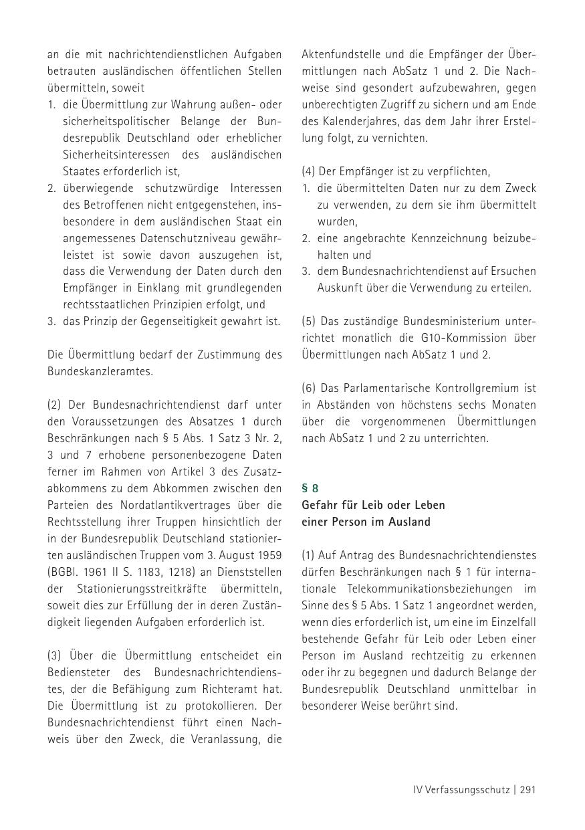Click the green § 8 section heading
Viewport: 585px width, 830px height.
point(310,488)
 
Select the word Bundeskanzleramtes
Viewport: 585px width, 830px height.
point(100,371)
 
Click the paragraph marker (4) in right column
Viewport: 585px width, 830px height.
point(309,172)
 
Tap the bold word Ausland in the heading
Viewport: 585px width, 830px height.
point(409,522)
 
